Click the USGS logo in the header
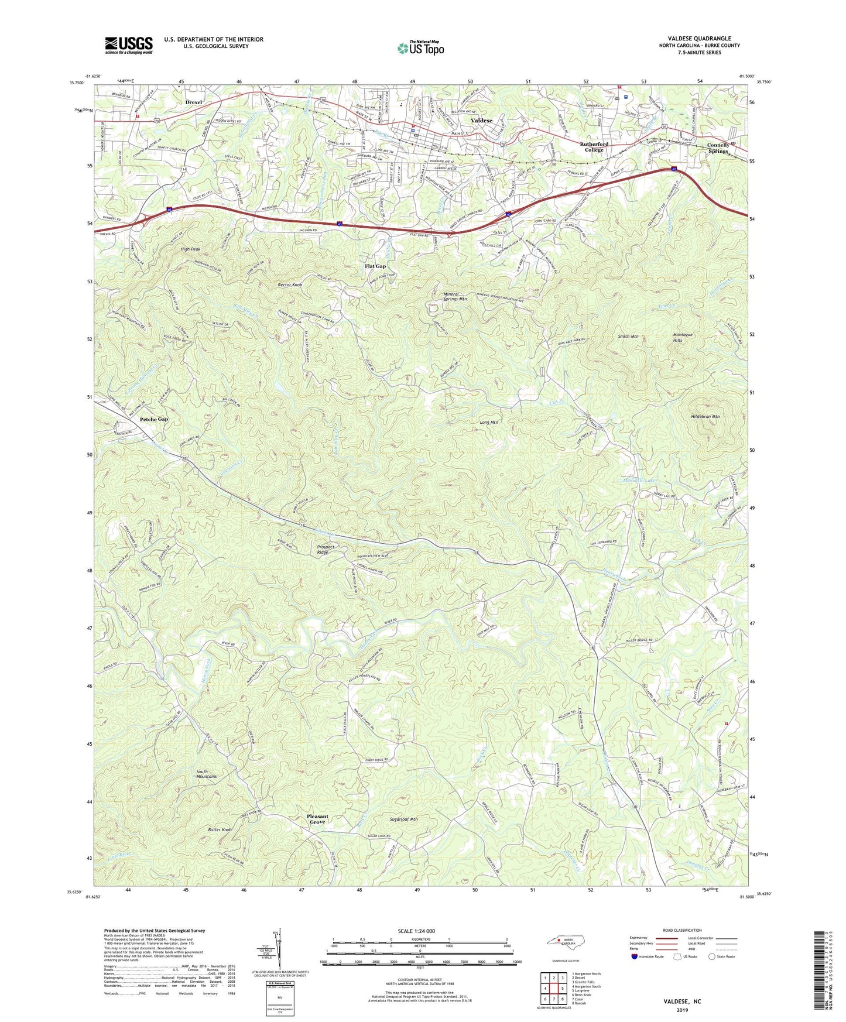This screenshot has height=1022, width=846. pyautogui.click(x=129, y=45)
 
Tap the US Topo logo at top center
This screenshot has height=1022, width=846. pyautogui.click(x=420, y=48)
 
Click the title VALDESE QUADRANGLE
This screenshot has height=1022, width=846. pyautogui.click(x=699, y=39)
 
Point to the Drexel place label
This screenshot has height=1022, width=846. pyautogui.click(x=193, y=102)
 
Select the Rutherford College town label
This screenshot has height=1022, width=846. pyautogui.click(x=594, y=147)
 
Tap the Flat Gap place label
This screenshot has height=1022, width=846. pyautogui.click(x=375, y=266)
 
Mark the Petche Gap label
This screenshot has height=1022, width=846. pyautogui.click(x=154, y=419)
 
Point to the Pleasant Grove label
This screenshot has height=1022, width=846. pyautogui.click(x=317, y=819)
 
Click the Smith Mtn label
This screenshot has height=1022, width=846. pyautogui.click(x=628, y=337)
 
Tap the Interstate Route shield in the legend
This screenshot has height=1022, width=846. pyautogui.click(x=635, y=957)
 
